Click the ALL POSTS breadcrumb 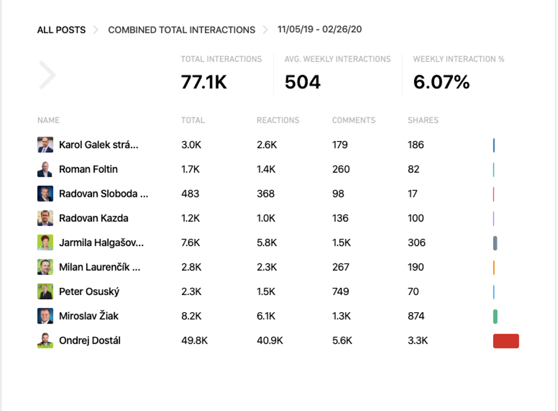(x=61, y=30)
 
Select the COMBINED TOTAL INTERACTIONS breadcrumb (x=181, y=30)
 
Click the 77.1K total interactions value (x=204, y=82)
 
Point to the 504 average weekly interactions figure (x=302, y=82)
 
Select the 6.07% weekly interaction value (x=441, y=82)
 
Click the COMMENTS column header (x=354, y=120)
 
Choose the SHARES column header (x=423, y=120)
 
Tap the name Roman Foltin (x=88, y=170)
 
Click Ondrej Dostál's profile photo (x=45, y=341)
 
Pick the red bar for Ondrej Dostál (x=506, y=341)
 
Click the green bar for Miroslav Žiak (x=495, y=316)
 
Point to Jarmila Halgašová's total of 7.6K (x=191, y=243)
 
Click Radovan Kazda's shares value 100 (x=415, y=218)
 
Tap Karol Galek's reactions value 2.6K (x=266, y=145)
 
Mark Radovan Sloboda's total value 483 (x=190, y=194)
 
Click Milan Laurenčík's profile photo (x=45, y=267)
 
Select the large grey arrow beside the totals (x=48, y=75)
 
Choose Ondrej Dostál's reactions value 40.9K (x=269, y=341)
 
